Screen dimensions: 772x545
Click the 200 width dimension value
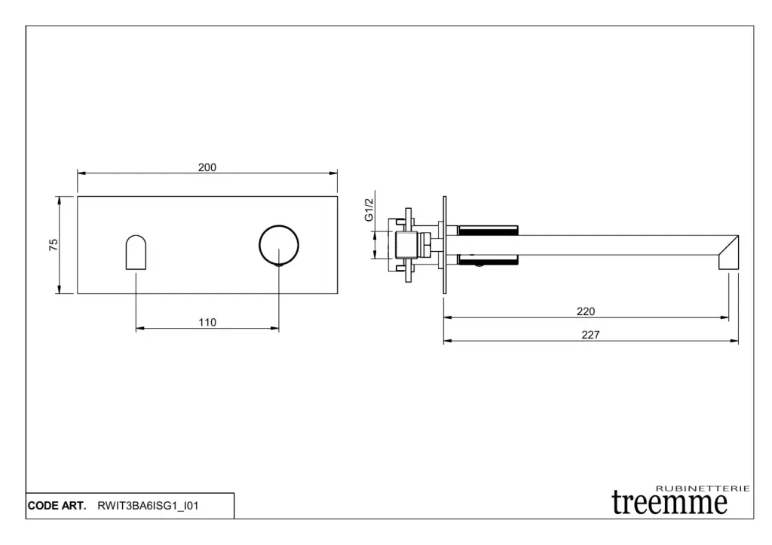[207, 167]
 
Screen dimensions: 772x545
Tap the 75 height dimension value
[54, 245]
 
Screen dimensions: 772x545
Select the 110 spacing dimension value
[207, 323]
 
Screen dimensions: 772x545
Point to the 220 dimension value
[585, 311]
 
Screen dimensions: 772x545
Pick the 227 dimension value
[590, 335]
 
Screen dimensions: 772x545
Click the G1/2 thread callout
[369, 210]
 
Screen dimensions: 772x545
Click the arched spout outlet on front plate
[136, 252]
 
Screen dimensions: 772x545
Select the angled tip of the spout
[729, 253]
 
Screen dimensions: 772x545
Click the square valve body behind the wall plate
[406, 245]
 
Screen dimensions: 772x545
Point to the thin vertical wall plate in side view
[445, 245]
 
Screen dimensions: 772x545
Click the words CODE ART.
[57, 506]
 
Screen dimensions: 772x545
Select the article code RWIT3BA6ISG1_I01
[148, 506]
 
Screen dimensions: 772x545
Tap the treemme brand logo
[669, 502]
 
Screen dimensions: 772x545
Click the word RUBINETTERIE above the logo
[703, 488]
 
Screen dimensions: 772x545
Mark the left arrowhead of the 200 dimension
[81, 173]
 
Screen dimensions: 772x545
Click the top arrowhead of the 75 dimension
[59, 201]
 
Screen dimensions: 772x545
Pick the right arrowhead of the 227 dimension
[734, 341]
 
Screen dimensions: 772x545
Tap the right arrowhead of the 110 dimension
[274, 329]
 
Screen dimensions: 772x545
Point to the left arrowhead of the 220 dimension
[448, 317]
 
